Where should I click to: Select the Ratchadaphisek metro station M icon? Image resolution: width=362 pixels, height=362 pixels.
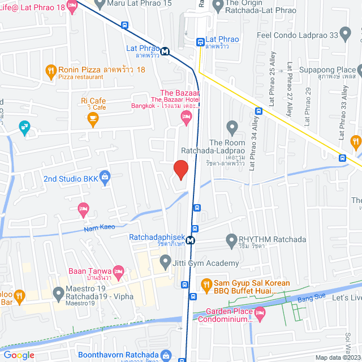(x=191, y=240)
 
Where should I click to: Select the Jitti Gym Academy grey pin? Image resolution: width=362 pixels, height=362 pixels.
(x=165, y=262)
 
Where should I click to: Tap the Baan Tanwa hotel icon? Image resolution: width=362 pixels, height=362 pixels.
(x=118, y=272)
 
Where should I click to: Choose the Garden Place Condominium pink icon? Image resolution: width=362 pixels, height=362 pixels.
(x=260, y=312)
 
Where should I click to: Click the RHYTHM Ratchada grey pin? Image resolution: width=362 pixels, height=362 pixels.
(x=231, y=240)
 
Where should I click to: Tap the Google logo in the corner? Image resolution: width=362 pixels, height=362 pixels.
(x=19, y=355)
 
